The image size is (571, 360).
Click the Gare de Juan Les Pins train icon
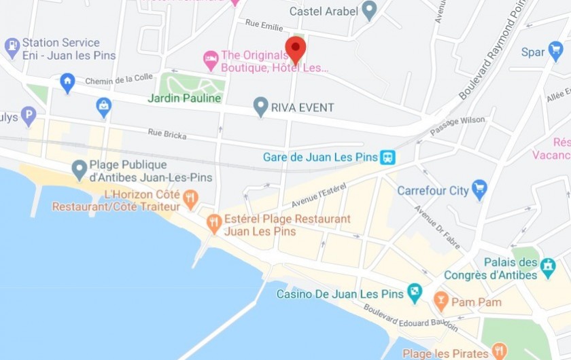pos(388,158)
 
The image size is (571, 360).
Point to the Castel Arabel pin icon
pos(369,10)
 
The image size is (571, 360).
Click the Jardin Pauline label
pos(185,98)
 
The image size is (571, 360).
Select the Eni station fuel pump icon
pos(12,48)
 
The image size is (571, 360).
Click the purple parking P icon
pos(28,115)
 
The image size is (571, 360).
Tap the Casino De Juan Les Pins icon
pos(414,293)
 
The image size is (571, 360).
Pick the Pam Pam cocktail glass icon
pos(441,300)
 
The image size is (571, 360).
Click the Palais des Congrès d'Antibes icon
pos(549,268)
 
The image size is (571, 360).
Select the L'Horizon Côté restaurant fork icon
pos(190,198)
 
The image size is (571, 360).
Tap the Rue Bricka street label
pos(167,135)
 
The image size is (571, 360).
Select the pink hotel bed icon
pos(211,59)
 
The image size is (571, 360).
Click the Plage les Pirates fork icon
pos(499,351)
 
